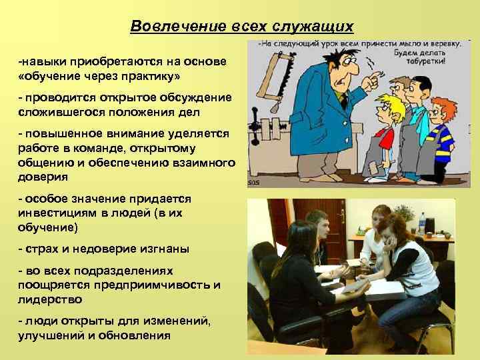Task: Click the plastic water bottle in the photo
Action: tap(421, 222)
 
